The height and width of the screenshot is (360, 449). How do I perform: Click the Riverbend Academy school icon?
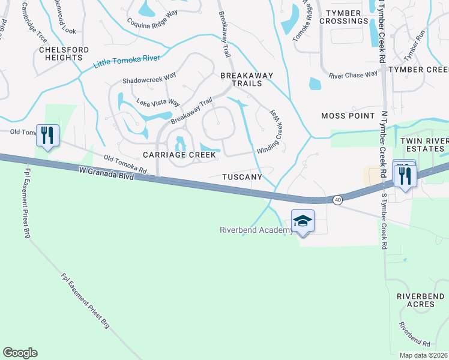coord(303,221)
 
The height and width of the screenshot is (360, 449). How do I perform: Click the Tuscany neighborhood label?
coord(242,178)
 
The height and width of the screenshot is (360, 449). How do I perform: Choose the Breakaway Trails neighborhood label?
coord(247,80)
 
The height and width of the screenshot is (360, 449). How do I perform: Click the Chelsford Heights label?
coord(64,55)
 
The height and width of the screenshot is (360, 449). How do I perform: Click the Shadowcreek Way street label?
coord(149,80)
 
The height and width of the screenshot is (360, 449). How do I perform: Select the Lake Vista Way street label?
coord(158,103)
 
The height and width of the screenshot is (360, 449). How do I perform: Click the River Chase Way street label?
coord(353,75)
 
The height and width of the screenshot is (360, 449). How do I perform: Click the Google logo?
coord(20,353)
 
